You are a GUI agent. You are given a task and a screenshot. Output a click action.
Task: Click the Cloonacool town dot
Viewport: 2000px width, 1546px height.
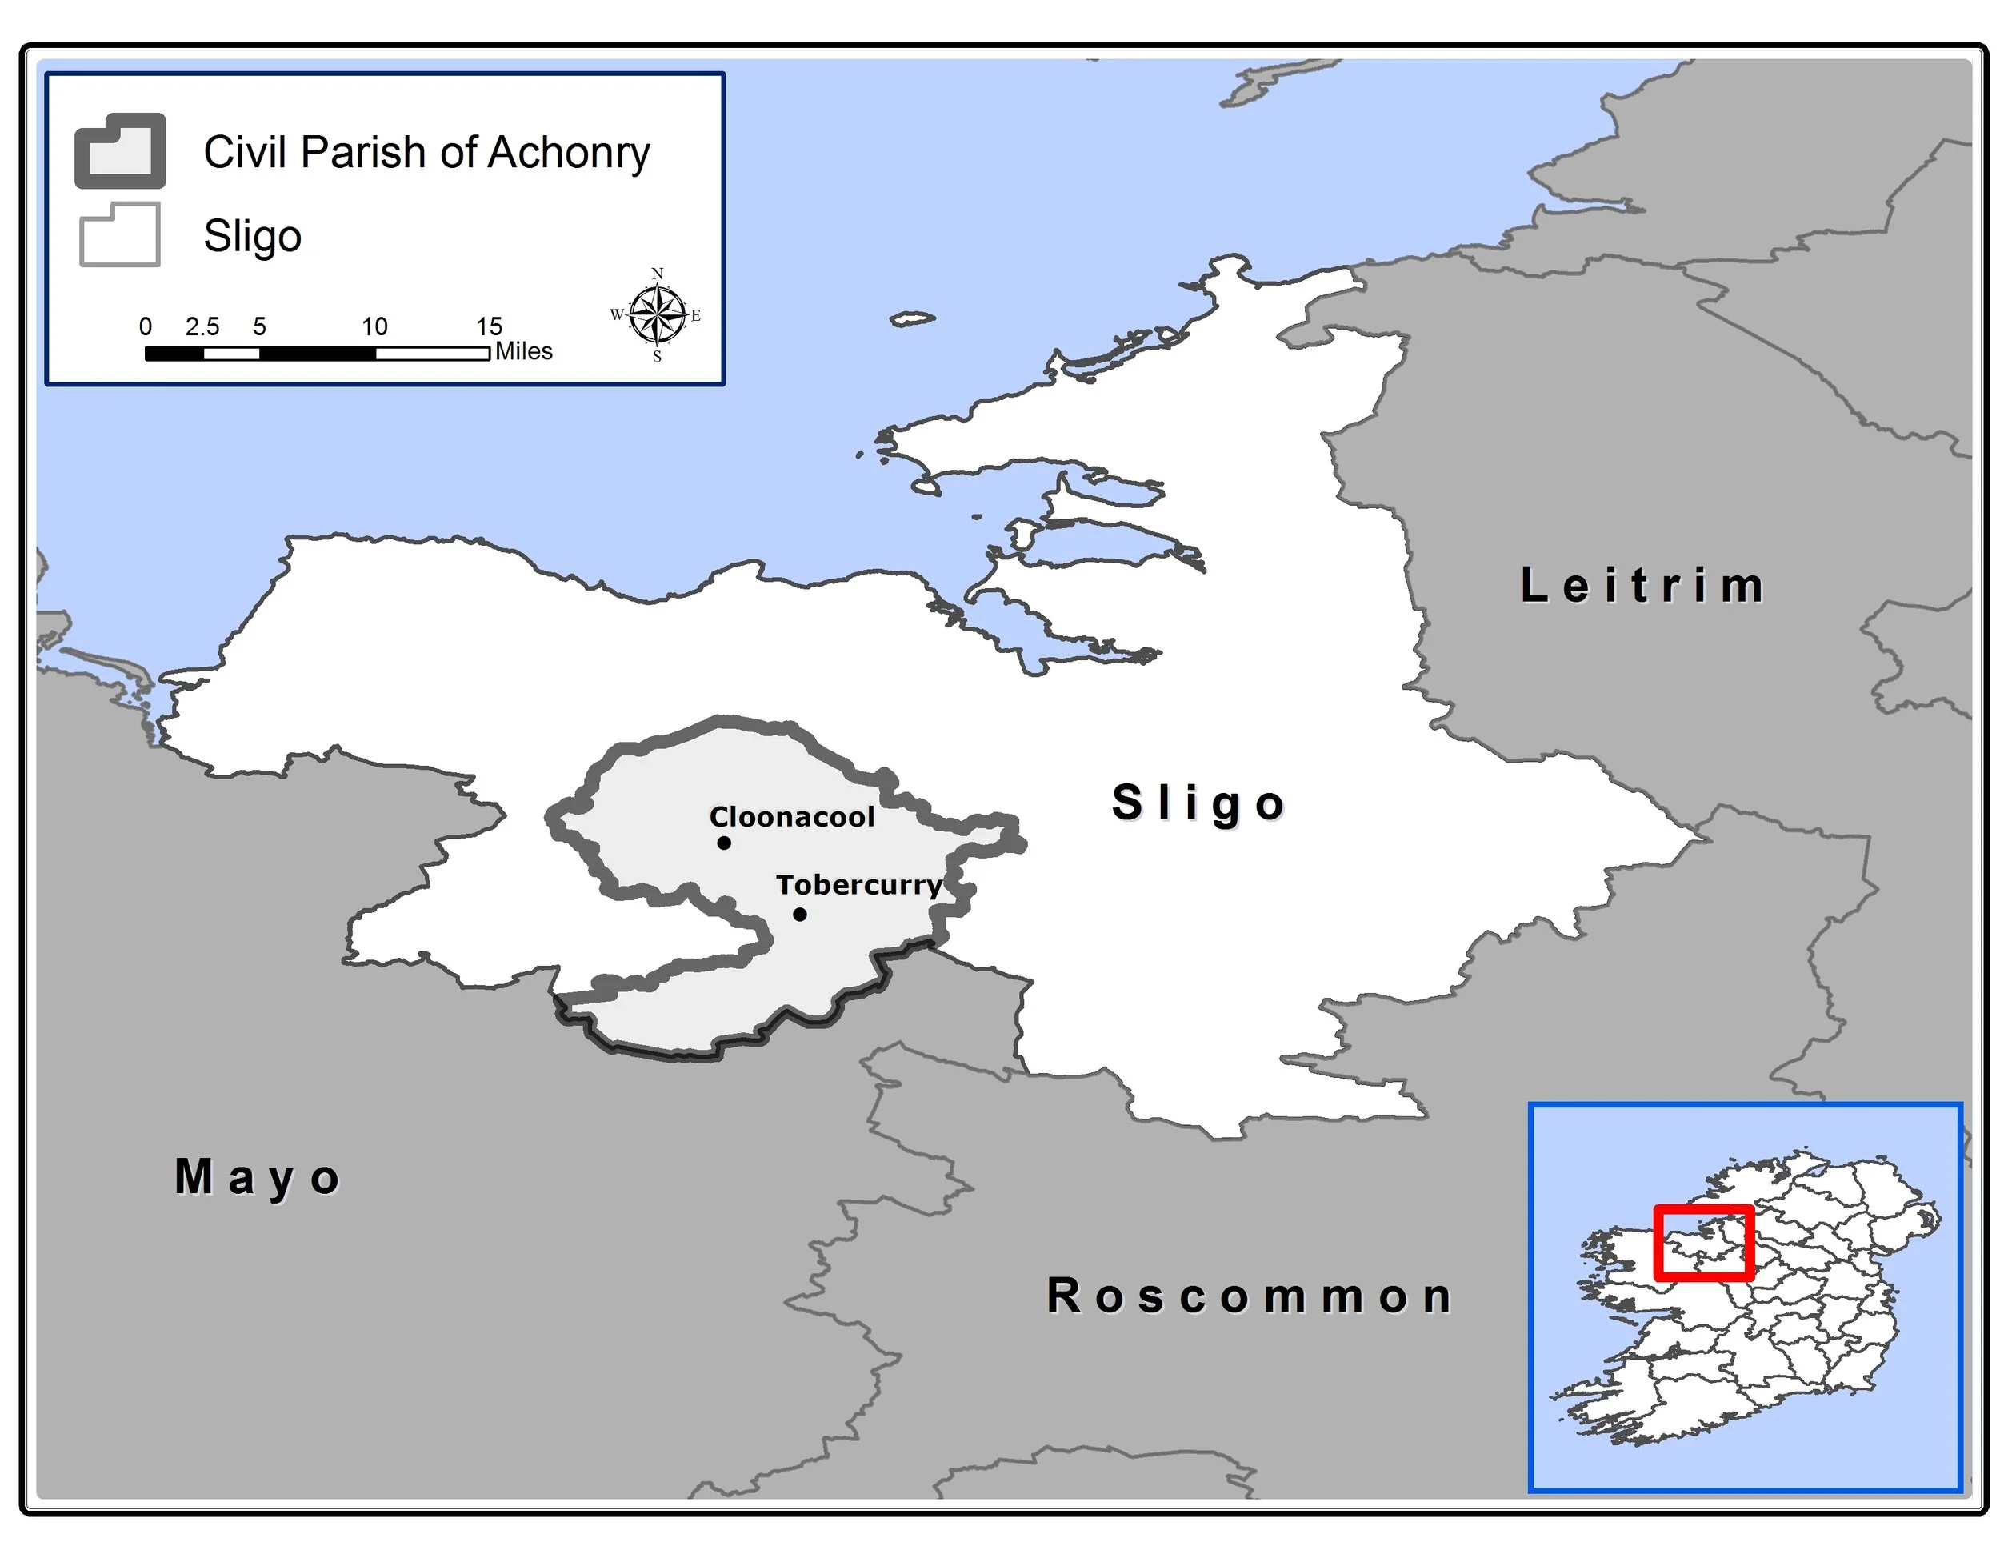[723, 843]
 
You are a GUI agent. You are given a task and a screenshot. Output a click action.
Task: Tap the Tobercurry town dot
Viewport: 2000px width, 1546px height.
[799, 914]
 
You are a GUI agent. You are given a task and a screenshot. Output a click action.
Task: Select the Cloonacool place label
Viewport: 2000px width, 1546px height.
[791, 817]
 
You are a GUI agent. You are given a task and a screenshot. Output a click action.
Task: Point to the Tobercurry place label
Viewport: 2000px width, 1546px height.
[858, 885]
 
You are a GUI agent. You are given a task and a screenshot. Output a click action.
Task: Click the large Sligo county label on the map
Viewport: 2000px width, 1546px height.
[1198, 803]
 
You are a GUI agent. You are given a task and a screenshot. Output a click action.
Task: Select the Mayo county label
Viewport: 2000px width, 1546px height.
[258, 1178]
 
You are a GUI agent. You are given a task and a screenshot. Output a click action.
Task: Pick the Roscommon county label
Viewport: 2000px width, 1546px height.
[1249, 1296]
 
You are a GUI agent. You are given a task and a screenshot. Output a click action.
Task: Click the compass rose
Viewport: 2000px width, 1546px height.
[658, 315]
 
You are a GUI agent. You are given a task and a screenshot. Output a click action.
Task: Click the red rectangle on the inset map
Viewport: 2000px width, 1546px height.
[1703, 1242]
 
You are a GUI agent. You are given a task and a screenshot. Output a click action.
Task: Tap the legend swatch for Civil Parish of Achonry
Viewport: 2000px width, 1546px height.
[120, 151]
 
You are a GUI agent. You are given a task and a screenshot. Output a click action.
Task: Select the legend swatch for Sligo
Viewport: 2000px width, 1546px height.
[120, 234]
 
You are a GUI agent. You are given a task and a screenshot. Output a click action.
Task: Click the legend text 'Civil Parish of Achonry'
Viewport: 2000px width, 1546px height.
[426, 152]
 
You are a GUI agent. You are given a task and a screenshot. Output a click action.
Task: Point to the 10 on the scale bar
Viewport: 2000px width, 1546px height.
[374, 327]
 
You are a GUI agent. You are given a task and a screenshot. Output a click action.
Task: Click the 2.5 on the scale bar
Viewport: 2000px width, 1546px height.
[202, 327]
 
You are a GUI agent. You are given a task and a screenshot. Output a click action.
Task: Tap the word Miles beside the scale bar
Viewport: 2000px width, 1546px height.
[524, 352]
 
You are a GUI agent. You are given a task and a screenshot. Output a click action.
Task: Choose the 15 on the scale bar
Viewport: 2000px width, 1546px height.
[489, 327]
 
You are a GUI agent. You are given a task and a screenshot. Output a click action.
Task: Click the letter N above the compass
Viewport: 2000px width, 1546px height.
[657, 274]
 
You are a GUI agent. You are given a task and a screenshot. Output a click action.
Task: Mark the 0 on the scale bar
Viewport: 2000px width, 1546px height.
[146, 327]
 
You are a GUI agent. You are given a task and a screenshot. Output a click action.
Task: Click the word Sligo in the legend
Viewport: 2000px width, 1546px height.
[252, 236]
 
